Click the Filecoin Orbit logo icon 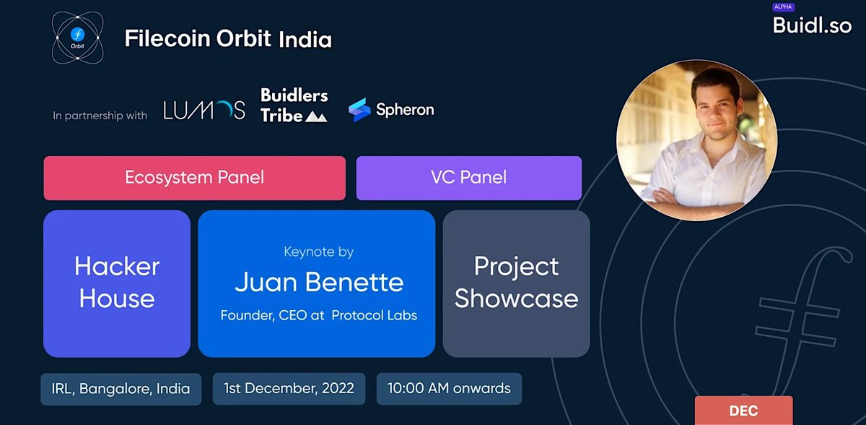tap(78, 38)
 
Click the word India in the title tap(305, 39)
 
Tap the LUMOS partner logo tap(204, 110)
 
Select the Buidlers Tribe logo tap(294, 105)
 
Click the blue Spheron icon tap(359, 110)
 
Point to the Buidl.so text tap(812, 25)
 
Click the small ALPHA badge tap(783, 7)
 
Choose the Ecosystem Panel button tap(194, 178)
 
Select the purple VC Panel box tap(468, 178)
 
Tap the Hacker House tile tap(117, 283)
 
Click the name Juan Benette tap(319, 282)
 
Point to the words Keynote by tap(318, 252)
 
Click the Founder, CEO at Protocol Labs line tap(318, 315)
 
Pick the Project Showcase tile tap(516, 283)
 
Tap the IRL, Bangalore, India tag tap(121, 389)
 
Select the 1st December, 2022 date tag tap(289, 389)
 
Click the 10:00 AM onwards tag tap(449, 389)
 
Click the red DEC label tap(743, 411)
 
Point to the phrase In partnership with tap(100, 116)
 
